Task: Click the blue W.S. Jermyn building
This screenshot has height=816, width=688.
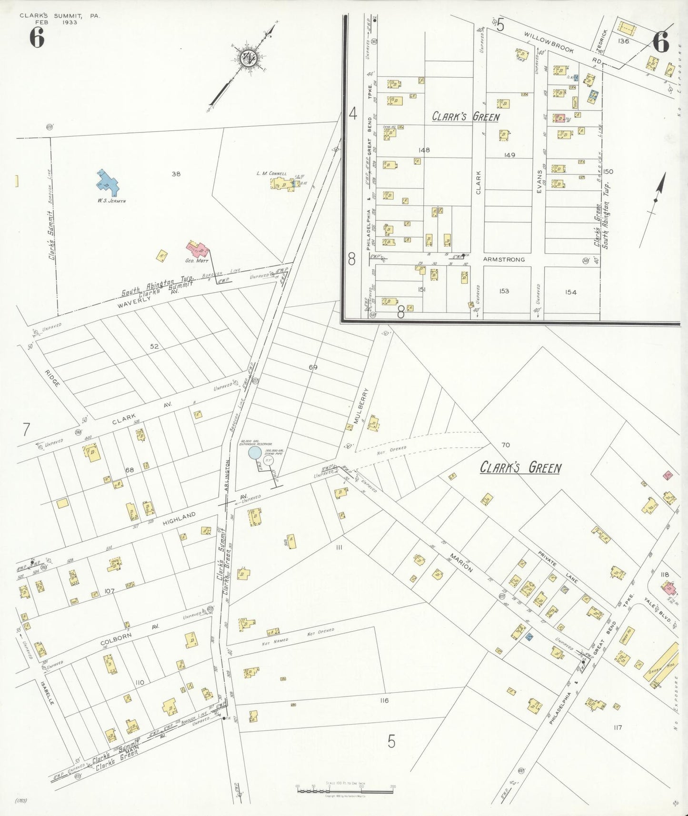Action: (x=108, y=183)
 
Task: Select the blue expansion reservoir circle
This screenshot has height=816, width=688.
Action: (x=255, y=452)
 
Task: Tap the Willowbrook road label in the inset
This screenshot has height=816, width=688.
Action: (x=549, y=42)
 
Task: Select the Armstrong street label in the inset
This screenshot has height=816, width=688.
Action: (x=504, y=259)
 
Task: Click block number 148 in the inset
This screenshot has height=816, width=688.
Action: (x=424, y=150)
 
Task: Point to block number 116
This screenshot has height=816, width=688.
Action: (x=384, y=700)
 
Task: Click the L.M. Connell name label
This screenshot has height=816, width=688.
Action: (x=271, y=173)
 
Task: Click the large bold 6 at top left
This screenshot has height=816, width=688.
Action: (x=37, y=38)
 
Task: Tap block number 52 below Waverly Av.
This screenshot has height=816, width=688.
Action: (x=154, y=346)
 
